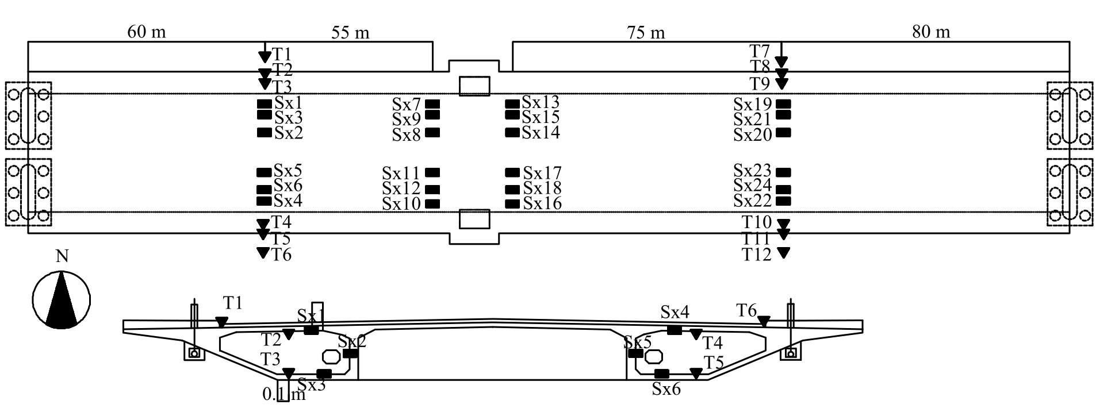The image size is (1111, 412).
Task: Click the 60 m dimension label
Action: pyautogui.click(x=146, y=32)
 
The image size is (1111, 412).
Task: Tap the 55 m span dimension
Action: pyautogui.click(x=350, y=33)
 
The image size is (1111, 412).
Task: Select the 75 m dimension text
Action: pyautogui.click(x=646, y=33)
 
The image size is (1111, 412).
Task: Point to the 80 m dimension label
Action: pyautogui.click(x=931, y=32)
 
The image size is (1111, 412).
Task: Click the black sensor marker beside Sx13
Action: pyautogui.click(x=512, y=104)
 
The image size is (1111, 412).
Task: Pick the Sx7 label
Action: pyautogui.click(x=407, y=105)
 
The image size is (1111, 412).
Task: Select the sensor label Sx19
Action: pyautogui.click(x=752, y=105)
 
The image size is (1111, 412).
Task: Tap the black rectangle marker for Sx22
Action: pyautogui.click(x=783, y=201)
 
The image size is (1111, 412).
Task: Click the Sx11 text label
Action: pyautogui.click(x=401, y=173)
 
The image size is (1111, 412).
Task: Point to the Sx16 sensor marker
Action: pyautogui.click(x=512, y=203)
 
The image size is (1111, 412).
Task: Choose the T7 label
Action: pyautogui.click(x=760, y=51)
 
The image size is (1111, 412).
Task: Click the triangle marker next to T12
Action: pyautogui.click(x=783, y=252)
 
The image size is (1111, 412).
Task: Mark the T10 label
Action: pyautogui.click(x=756, y=222)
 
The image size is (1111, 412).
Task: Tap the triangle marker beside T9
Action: pyautogui.click(x=781, y=83)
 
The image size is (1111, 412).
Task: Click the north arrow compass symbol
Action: pyautogui.click(x=61, y=300)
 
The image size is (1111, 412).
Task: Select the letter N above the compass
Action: pyautogui.click(x=62, y=257)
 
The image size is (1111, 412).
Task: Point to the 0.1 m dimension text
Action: pyautogui.click(x=284, y=394)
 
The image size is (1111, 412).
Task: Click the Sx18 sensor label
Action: pyautogui.click(x=542, y=188)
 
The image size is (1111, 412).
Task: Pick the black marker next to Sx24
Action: pyautogui.click(x=783, y=189)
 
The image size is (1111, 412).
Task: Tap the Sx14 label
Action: pyautogui.click(x=541, y=133)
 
